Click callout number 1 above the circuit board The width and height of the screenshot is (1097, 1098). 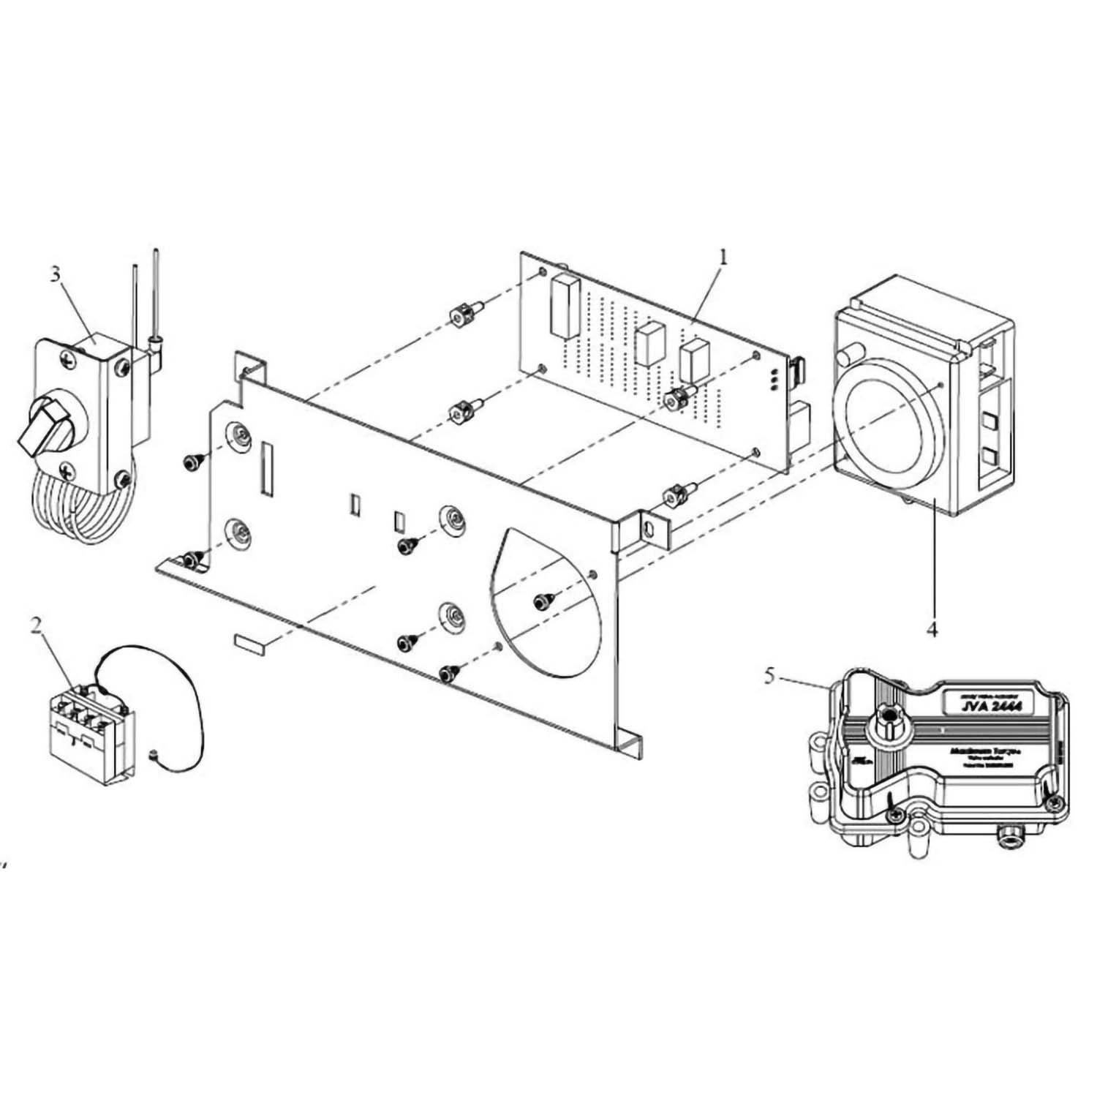(x=723, y=257)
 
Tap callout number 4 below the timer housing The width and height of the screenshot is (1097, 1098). (x=931, y=628)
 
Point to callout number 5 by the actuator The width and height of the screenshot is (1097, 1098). (x=769, y=676)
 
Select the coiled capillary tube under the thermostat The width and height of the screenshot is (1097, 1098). (x=80, y=512)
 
